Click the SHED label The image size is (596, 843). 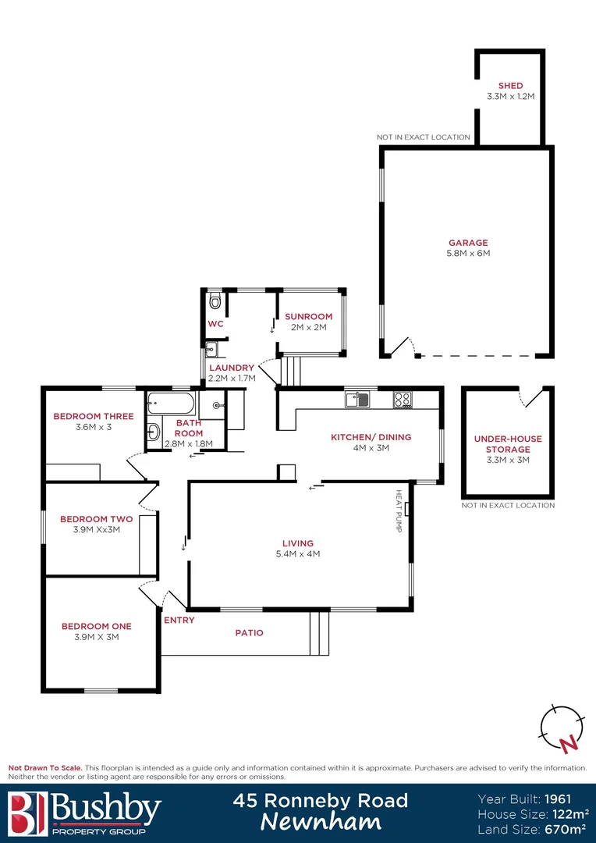pos(510,86)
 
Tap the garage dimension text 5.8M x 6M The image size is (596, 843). pos(468,253)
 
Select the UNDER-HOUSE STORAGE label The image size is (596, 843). pos(502,444)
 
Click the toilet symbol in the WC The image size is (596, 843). pos(215,300)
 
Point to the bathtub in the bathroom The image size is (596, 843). pos(170,404)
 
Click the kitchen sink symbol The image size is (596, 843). pos(357,400)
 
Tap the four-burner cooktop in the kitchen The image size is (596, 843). pos(403,400)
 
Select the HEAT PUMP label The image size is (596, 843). pos(399,510)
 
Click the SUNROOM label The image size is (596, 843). pos(308,316)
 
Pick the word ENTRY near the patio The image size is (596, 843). pos(179,620)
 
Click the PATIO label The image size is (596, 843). pos(249,632)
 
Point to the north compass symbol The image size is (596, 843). pos(562,727)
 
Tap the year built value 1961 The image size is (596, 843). pos(559,799)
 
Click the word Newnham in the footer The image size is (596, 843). pos(321,822)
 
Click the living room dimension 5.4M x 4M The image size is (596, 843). pos(298,554)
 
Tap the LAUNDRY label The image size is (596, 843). pos(231,368)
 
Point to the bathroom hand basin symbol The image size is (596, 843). pos(153,431)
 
